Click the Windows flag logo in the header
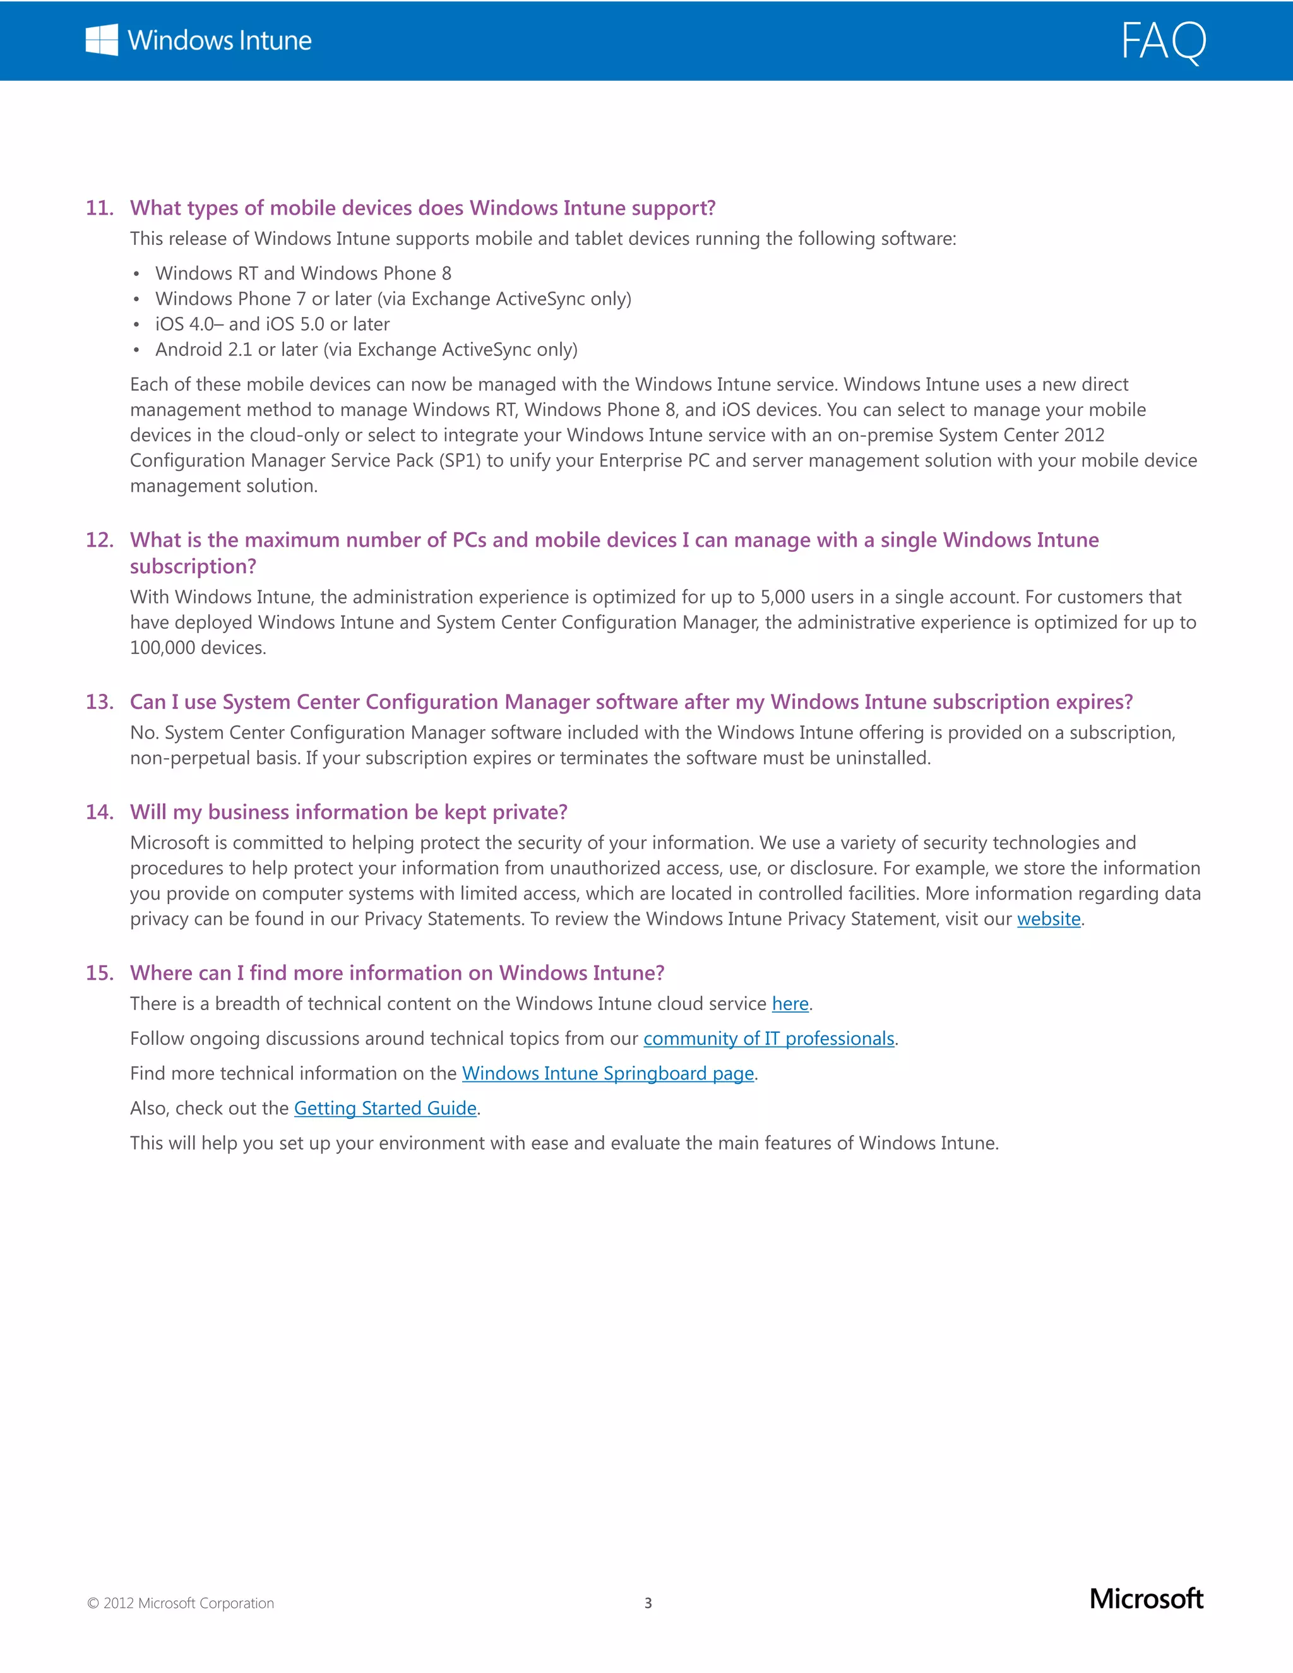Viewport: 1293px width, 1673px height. [102, 40]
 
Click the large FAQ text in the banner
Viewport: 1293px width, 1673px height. [1163, 42]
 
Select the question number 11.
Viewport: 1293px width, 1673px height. [100, 208]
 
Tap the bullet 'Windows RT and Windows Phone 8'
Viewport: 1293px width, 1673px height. [303, 273]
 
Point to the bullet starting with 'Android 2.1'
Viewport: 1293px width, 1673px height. [366, 350]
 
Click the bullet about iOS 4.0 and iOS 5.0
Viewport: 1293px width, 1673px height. [272, 324]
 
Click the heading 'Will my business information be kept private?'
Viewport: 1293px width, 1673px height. [349, 813]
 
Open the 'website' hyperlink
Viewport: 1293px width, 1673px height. [1048, 919]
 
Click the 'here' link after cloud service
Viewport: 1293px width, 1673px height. [790, 1004]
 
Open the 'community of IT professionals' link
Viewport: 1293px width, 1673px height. [768, 1039]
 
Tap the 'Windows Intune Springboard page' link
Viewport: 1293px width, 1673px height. [607, 1074]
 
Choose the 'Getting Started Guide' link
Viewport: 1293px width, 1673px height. [385, 1109]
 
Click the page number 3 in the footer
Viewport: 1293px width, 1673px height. [648, 1604]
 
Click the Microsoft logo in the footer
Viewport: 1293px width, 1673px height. [1146, 1600]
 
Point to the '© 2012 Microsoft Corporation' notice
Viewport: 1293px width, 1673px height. [181, 1604]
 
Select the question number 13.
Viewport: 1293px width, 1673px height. [100, 703]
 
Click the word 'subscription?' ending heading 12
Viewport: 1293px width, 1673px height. [193, 567]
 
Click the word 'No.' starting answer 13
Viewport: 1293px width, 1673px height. [144, 733]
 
